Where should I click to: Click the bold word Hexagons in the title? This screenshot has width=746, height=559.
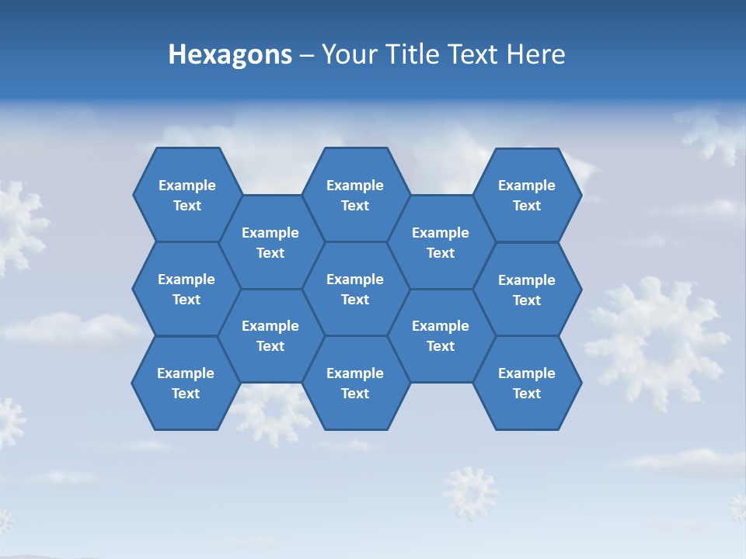[230, 54]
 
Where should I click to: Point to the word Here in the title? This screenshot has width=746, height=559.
[536, 54]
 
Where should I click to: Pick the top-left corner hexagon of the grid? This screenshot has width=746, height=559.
[186, 195]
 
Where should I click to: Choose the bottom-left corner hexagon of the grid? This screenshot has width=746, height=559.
[186, 383]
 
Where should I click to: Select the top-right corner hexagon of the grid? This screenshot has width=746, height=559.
[527, 195]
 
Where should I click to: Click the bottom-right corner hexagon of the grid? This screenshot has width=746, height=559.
[527, 383]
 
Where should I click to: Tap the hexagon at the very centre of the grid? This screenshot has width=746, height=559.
[355, 289]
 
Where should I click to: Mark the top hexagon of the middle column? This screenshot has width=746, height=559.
[355, 195]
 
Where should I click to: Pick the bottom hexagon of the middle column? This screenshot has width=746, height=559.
[355, 383]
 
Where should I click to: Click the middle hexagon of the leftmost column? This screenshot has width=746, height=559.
[186, 289]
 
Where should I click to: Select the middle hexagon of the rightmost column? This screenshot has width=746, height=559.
[527, 290]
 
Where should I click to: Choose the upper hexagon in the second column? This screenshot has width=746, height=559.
[270, 242]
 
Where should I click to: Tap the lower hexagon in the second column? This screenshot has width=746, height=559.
[270, 335]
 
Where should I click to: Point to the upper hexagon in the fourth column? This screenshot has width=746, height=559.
[441, 242]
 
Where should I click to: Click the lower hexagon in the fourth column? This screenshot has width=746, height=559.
[441, 335]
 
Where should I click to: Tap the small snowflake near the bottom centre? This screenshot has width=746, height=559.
[469, 492]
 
